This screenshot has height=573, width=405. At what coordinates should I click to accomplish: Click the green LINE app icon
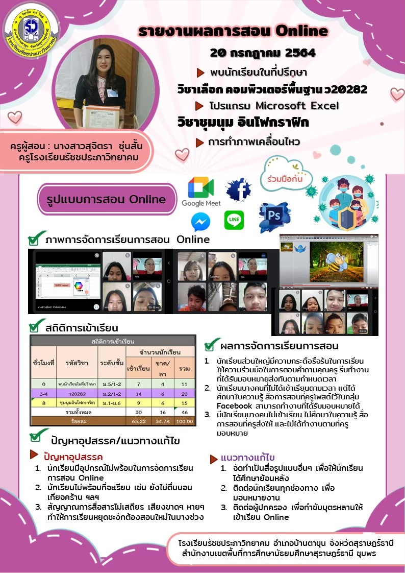point(234,220)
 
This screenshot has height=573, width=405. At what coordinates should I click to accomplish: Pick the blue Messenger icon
point(200,222)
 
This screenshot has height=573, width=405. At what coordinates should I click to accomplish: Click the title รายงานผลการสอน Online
point(233,32)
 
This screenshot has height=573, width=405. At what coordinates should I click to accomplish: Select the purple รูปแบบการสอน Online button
point(107,200)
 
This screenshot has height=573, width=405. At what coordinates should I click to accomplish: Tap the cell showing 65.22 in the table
point(138,421)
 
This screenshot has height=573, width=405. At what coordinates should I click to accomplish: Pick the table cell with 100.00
point(184,421)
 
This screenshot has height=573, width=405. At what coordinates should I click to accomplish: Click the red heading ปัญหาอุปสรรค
point(73,457)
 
